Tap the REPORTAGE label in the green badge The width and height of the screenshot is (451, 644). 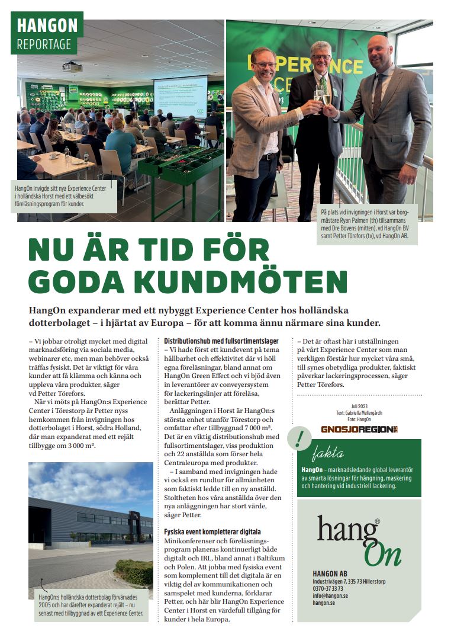coord(44,44)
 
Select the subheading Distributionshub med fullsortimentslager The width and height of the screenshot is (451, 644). coord(221,341)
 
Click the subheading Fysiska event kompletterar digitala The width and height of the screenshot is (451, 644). coord(212,531)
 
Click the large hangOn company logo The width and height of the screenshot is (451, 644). coord(359,540)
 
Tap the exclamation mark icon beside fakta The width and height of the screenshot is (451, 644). coord(300,438)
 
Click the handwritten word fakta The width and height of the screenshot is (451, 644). coord(327,454)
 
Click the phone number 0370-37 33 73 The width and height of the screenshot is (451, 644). coord(327,588)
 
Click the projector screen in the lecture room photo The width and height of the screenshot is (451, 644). coord(180,96)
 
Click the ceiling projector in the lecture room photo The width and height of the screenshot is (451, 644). coord(72,66)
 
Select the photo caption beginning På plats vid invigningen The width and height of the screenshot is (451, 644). coord(368,224)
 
